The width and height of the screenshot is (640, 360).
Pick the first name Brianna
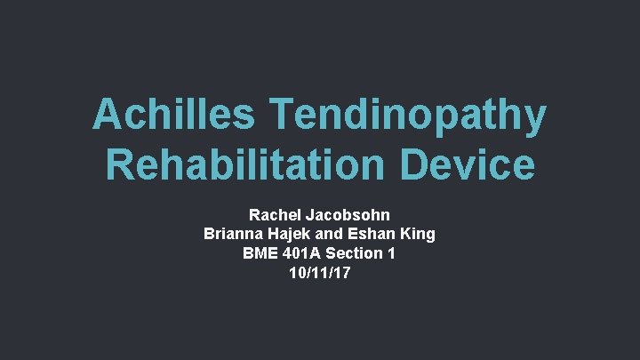233,235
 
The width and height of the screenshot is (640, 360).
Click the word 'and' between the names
338,235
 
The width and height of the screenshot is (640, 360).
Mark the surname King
419,235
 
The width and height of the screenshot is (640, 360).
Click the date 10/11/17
319,274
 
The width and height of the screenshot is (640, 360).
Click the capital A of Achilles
108,116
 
